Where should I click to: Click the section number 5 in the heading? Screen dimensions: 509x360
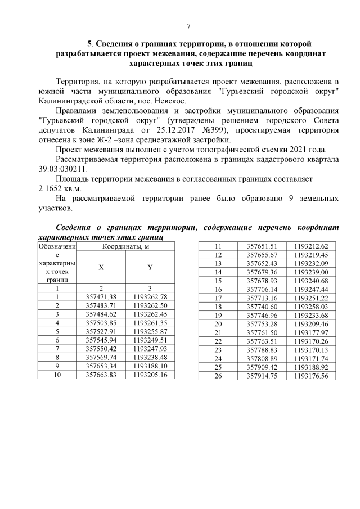point(89,44)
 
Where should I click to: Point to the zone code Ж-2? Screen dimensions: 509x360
point(123,139)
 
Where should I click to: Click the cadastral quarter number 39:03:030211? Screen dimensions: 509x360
point(64,168)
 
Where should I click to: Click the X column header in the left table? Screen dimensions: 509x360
point(101,267)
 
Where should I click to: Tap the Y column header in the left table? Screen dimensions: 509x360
point(150,267)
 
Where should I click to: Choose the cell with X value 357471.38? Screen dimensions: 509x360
point(101,296)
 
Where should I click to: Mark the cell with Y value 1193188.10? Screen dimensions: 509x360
point(150,365)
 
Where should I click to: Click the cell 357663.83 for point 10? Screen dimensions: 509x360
point(101,374)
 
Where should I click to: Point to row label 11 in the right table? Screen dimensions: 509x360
point(219,246)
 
